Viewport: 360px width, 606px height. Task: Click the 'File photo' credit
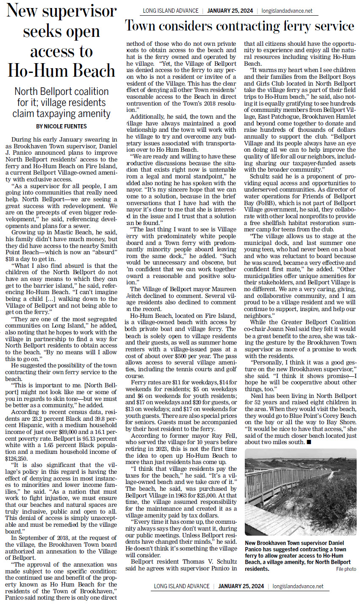tap(346, 569)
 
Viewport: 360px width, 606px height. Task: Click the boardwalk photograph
tap(300, 492)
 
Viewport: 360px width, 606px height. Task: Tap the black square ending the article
tap(309, 442)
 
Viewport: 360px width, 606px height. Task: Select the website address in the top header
tap(287, 11)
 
